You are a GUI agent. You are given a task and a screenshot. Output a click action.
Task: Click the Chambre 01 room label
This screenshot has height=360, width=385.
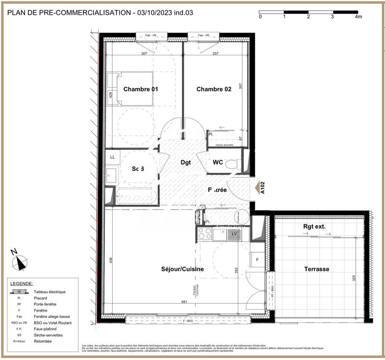click(141, 89)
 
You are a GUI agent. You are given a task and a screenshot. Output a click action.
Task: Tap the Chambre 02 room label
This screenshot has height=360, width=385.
click(214, 89)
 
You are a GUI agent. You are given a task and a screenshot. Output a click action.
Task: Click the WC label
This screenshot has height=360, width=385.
click(218, 162)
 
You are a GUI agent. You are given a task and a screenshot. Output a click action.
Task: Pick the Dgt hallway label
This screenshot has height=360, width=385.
click(185, 162)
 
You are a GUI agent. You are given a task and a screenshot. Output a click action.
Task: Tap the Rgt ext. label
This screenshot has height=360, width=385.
click(315, 227)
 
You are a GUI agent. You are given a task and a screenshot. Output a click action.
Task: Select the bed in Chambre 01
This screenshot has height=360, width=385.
click(130, 89)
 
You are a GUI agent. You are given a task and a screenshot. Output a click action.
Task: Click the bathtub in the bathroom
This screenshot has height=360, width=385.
click(134, 197)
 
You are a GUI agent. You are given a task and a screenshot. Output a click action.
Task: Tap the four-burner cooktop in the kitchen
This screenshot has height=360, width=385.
click(204, 234)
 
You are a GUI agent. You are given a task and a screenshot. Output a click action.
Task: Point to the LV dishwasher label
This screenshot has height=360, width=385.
click(234, 234)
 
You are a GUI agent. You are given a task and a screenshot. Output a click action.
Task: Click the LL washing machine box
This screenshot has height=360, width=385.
click(113, 157)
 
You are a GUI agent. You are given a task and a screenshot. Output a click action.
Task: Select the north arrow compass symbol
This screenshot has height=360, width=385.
click(20, 261)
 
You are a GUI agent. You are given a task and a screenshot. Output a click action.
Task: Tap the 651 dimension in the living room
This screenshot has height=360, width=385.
click(184, 302)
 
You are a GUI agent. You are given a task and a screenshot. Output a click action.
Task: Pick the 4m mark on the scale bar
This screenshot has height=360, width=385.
click(358, 16)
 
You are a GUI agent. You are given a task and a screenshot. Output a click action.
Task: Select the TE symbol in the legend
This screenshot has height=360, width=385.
click(19, 292)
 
